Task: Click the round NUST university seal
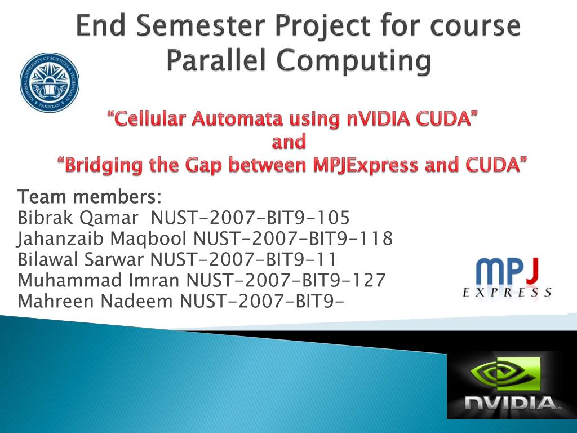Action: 50,82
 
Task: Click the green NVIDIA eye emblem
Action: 504,374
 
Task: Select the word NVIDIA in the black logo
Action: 512,403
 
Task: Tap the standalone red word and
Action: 289,142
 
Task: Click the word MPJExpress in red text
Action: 365,165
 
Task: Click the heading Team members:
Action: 90,197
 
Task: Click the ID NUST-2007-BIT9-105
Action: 250,217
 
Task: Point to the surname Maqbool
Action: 148,238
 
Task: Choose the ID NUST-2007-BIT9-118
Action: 293,238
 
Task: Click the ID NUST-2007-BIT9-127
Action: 286,280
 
